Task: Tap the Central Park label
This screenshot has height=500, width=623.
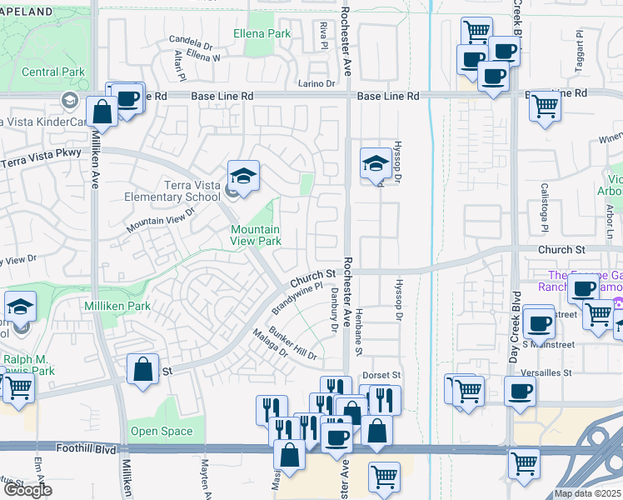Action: click(53, 72)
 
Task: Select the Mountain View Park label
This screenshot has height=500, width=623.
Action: click(255, 235)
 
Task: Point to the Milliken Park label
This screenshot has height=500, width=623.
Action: click(117, 307)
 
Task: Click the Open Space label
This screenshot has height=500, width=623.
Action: click(161, 432)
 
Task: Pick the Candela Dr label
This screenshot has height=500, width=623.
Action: click(192, 40)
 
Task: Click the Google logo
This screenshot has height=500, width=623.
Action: click(27, 490)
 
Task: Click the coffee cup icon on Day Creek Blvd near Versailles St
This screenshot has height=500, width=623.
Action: click(521, 390)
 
